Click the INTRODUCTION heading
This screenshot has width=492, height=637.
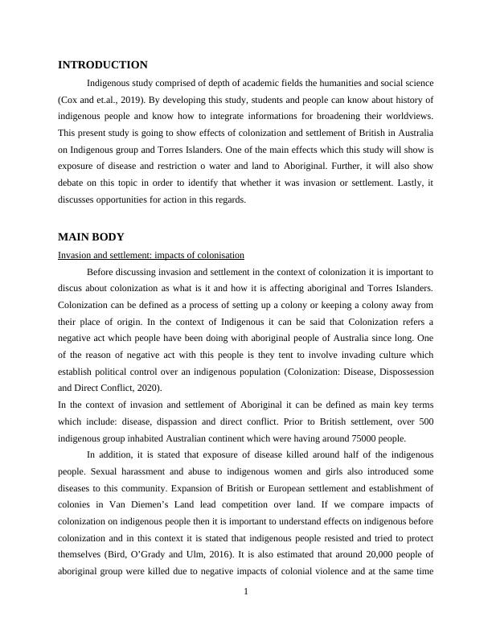(103, 65)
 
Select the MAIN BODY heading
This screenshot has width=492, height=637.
(91, 237)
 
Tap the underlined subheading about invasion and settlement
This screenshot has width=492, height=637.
(151, 255)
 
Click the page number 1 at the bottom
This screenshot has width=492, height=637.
(246, 593)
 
